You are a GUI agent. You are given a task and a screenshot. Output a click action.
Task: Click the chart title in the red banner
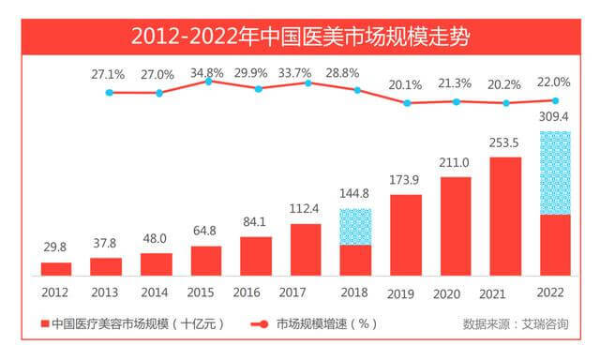tap(300, 37)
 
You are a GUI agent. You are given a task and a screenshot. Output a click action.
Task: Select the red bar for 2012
tap(56, 269)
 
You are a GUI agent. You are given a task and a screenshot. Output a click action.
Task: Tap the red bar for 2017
tap(306, 249)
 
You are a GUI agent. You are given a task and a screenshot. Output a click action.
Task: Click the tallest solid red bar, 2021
tap(505, 217)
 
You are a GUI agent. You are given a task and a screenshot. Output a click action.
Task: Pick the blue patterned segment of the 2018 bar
tap(355, 227)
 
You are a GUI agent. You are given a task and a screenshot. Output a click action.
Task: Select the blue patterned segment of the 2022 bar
tap(555, 172)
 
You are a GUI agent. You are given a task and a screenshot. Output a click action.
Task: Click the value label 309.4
tap(554, 116)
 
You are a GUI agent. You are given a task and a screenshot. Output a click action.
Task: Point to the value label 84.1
tap(254, 222)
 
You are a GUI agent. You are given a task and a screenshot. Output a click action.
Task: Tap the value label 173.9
tap(404, 180)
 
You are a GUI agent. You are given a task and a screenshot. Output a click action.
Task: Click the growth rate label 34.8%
tap(207, 73)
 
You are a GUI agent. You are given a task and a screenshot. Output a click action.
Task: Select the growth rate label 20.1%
tap(405, 85)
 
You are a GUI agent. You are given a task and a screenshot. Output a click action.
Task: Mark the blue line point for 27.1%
tap(110, 93)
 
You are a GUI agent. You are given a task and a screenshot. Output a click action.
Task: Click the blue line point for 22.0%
tap(556, 100)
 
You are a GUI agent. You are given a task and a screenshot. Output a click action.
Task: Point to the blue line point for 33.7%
tap(308, 83)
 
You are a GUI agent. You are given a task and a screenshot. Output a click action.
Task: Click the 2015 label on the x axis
tap(201, 292)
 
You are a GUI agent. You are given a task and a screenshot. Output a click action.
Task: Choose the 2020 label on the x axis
tap(446, 294)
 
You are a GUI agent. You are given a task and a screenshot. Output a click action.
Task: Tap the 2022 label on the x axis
tap(550, 292)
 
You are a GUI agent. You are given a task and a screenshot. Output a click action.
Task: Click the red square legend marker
tap(45, 324)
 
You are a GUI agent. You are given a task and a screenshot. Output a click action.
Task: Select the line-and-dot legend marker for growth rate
tap(260, 324)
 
